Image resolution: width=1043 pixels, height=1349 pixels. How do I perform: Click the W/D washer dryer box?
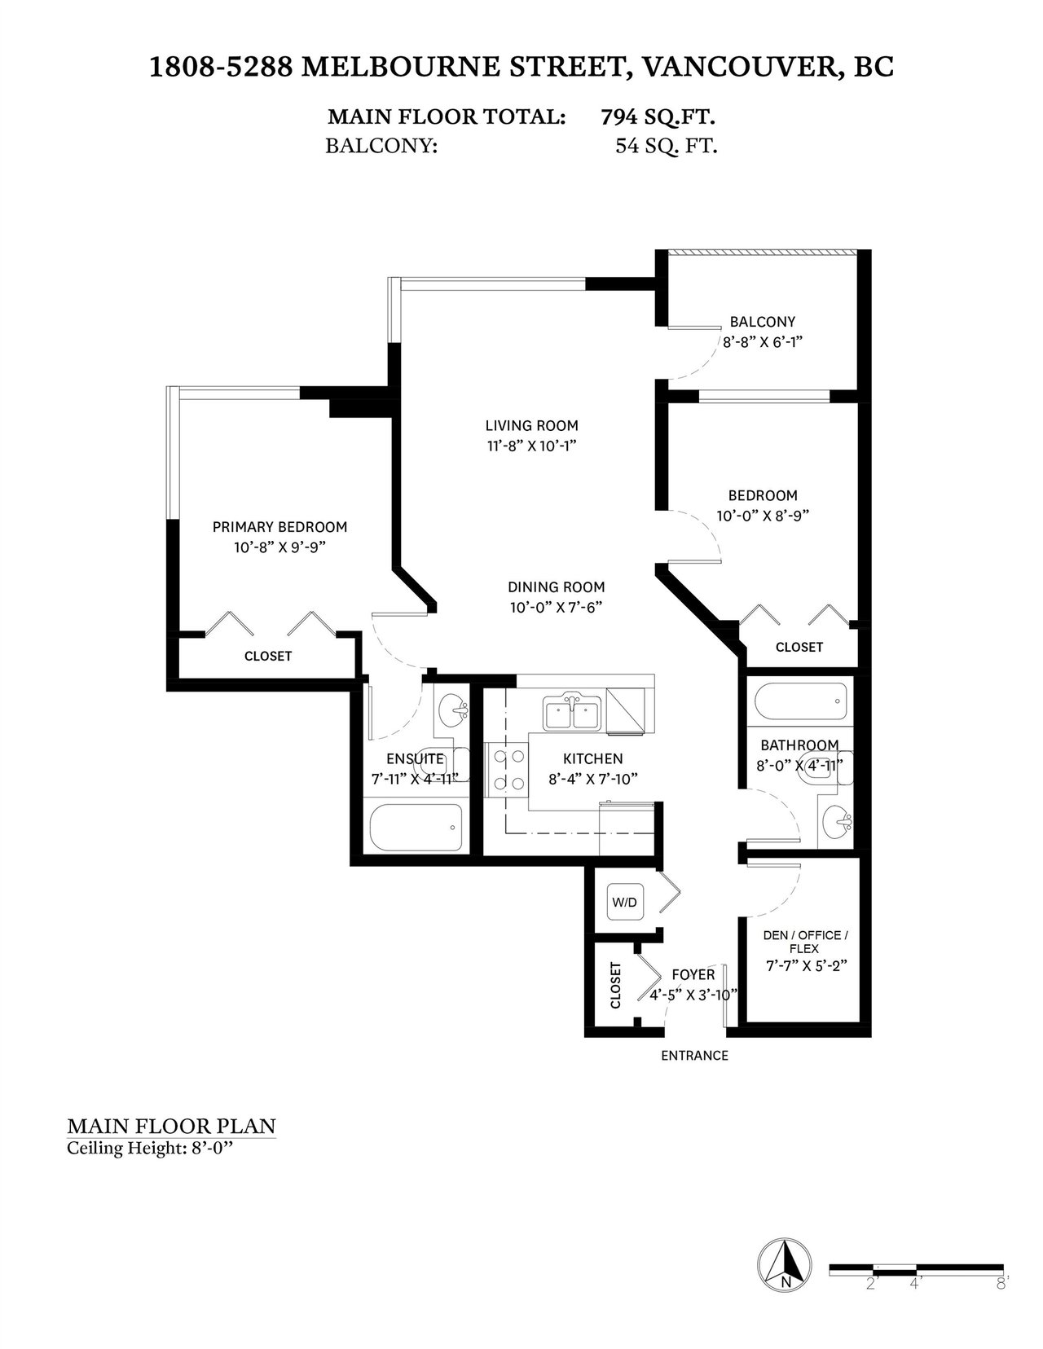tap(624, 902)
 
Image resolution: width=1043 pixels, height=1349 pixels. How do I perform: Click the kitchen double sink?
tap(572, 713)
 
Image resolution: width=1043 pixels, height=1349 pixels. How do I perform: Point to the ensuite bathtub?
tap(416, 828)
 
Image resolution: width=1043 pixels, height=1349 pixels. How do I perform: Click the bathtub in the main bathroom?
tap(801, 702)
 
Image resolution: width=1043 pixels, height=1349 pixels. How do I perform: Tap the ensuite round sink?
tap(454, 709)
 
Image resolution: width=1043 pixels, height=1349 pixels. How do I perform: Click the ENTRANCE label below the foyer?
tap(694, 1056)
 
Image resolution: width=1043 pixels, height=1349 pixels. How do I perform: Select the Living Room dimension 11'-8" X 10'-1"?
tap(532, 446)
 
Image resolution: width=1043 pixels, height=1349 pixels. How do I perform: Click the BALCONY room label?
tap(763, 322)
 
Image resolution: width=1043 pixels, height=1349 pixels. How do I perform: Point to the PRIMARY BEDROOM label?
tap(280, 527)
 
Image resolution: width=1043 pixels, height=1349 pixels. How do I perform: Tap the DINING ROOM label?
tap(557, 587)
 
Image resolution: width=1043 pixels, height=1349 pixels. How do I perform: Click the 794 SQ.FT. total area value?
tap(658, 116)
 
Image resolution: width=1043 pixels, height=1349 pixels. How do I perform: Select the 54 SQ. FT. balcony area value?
tap(667, 146)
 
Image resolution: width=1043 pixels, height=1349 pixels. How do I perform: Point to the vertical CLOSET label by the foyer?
tap(615, 985)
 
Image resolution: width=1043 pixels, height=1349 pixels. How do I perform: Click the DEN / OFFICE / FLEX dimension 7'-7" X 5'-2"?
tap(807, 966)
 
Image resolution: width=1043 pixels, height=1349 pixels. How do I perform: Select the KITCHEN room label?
tap(593, 758)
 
